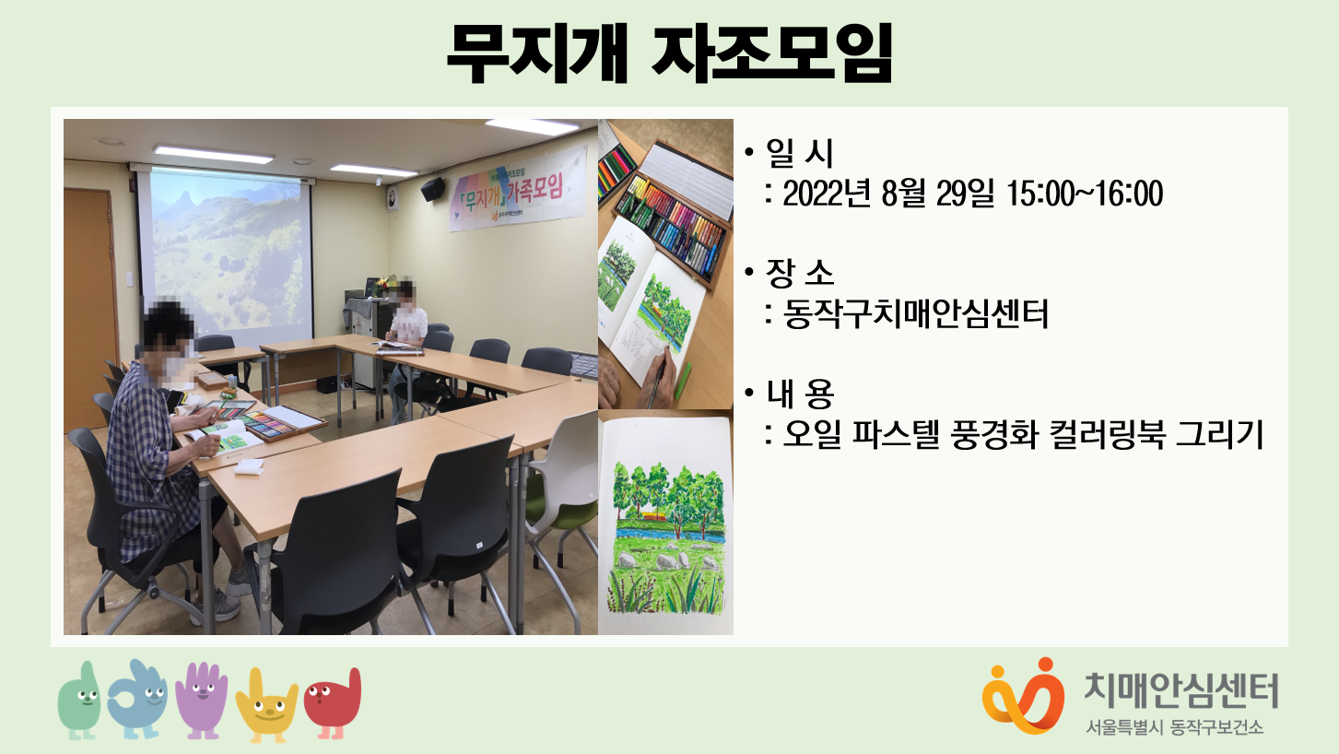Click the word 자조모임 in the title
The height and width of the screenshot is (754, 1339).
pos(771,53)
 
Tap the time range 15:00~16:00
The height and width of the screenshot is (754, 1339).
pos(1085,194)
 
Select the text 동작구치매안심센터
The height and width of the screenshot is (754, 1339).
pos(915,314)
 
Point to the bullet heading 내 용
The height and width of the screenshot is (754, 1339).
pos(800,394)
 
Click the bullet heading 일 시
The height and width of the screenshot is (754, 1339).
pos(799,154)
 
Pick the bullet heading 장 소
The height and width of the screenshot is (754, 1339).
pos(800,273)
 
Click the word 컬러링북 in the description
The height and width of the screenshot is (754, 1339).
pos(1107,434)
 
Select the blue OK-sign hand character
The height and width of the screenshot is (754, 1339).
pos(137,699)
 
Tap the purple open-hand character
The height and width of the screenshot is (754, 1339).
pos(202,700)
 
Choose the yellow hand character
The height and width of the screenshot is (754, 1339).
pos(266,705)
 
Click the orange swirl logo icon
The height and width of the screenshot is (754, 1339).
pos(1024,696)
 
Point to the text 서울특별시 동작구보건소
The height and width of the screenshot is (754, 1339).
pos(1175,727)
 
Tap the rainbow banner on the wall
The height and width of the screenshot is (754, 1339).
pos(517,190)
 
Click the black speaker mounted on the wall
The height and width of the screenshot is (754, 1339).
pos(433,189)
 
